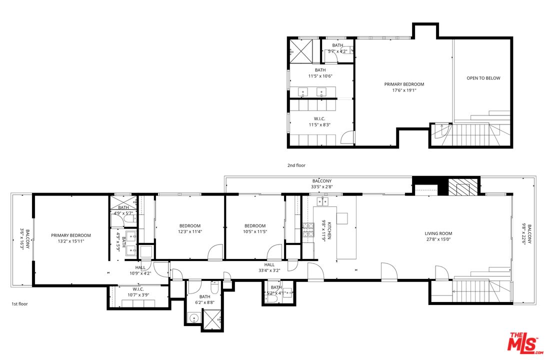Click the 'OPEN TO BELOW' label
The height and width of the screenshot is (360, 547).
pyautogui.click(x=483, y=78)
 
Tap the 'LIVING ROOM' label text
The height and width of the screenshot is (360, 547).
pyautogui.click(x=438, y=233)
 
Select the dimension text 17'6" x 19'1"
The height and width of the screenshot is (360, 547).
pyautogui.click(x=404, y=91)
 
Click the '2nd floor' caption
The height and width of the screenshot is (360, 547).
pyautogui.click(x=296, y=165)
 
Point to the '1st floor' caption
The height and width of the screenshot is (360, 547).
pyautogui.click(x=20, y=303)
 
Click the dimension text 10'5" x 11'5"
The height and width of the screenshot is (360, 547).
pyautogui.click(x=255, y=232)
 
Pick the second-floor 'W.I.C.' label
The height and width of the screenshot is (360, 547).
pyautogui.click(x=320, y=118)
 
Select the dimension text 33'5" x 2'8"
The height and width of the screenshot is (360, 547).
pyautogui.click(x=321, y=187)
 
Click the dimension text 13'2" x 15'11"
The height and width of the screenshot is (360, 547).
pyautogui.click(x=70, y=241)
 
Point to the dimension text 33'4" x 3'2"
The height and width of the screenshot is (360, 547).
pyautogui.click(x=269, y=270)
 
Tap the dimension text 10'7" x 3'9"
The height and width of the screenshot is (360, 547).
pyautogui.click(x=138, y=295)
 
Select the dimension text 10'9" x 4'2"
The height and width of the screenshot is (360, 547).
pyautogui.click(x=140, y=273)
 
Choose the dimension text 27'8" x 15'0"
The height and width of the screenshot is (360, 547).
pyautogui.click(x=438, y=239)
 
